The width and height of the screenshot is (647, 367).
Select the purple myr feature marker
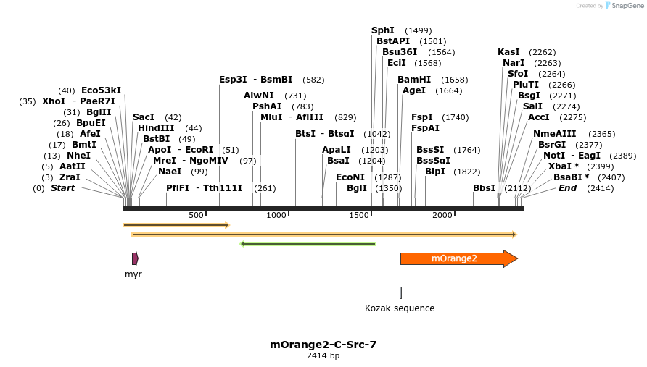[x=135, y=258]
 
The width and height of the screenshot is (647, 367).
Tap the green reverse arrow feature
[x=308, y=244]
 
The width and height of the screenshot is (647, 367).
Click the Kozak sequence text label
[x=400, y=308]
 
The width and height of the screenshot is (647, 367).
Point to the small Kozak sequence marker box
[x=400, y=292]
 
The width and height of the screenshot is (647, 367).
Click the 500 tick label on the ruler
[x=196, y=215]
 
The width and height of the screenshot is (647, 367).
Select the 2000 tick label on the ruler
[x=442, y=215]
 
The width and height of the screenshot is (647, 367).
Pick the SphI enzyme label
[x=383, y=30]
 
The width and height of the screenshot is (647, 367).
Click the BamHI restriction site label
[x=414, y=80]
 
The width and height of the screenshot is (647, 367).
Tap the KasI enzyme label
[x=508, y=52]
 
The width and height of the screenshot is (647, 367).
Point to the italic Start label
[x=62, y=188]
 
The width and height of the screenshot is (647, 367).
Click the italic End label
[x=567, y=188]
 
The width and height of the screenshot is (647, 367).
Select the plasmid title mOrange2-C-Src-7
[x=323, y=345]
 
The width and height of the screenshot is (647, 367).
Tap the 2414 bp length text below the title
[x=323, y=356]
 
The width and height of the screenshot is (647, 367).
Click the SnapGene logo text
[x=627, y=6]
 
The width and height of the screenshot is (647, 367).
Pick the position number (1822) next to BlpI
[x=466, y=172]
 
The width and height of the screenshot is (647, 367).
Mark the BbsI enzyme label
[x=484, y=188]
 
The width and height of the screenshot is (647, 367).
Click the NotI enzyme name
[x=554, y=156]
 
